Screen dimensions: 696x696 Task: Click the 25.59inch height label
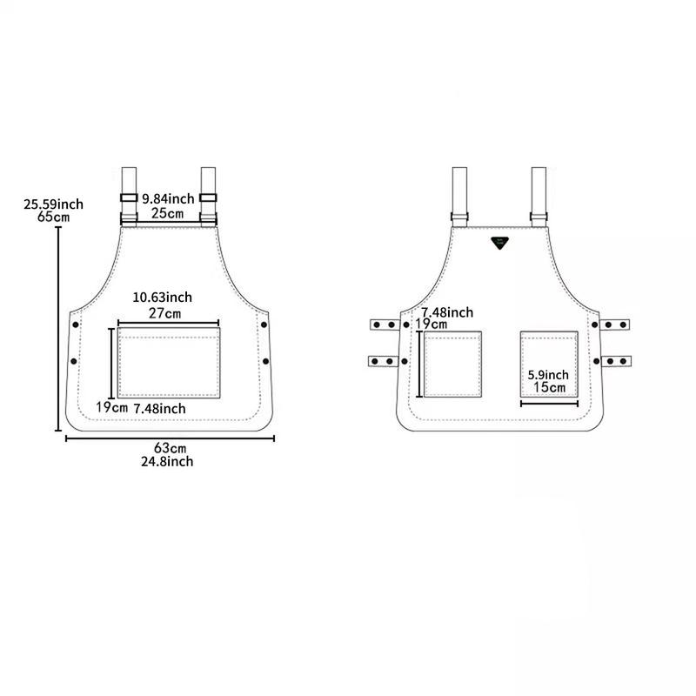53,204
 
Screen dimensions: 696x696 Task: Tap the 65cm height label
54,217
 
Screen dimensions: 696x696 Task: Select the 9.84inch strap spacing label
168,199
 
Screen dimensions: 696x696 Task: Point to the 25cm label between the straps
167,213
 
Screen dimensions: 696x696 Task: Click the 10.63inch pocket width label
163,297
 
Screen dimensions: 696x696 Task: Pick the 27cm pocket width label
164,313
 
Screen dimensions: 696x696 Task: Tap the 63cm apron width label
170,448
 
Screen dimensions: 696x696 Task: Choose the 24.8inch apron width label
167,462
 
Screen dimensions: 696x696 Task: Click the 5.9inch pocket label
548,375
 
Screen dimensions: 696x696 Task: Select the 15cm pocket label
550,387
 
